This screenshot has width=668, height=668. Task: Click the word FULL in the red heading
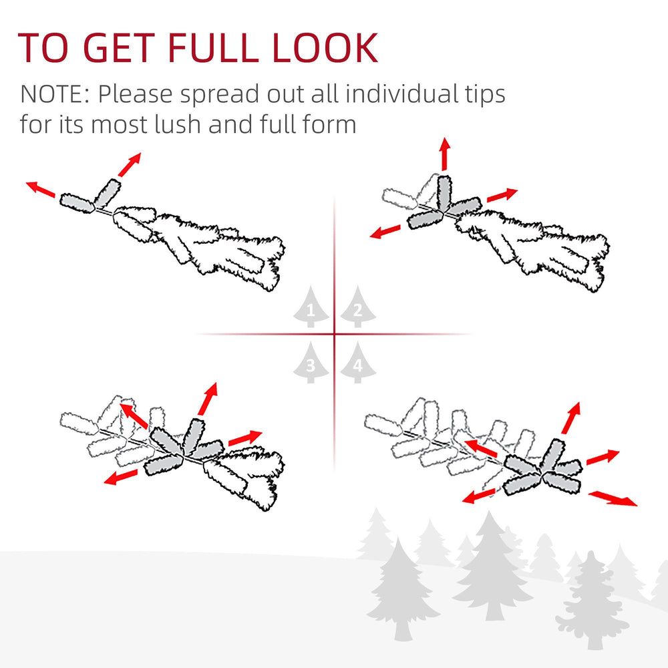pos(208,47)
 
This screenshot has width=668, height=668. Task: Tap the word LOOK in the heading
pos(327,47)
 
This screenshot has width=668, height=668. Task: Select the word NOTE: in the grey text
pos(55,94)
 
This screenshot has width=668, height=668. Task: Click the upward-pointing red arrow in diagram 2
pos(444,154)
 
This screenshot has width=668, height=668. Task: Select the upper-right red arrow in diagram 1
pos(130,164)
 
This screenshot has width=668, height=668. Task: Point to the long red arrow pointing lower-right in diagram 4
pos(612,498)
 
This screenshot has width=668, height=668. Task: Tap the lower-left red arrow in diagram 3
pos(121,477)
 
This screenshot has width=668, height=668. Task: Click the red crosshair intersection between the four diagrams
pos(334,334)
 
